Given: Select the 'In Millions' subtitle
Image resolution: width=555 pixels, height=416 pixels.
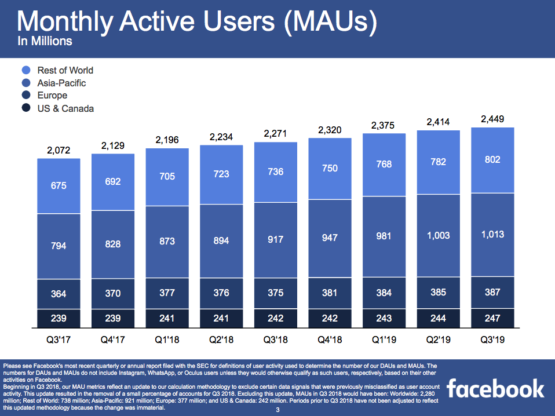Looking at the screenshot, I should click(45, 41).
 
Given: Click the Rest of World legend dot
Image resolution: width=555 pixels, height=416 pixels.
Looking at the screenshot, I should click(27, 70).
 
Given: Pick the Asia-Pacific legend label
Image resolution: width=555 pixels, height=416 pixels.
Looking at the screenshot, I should click(61, 83).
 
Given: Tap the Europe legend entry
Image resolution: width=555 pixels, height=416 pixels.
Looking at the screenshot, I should click(52, 96).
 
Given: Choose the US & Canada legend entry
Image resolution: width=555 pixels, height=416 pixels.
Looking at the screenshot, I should click(65, 108).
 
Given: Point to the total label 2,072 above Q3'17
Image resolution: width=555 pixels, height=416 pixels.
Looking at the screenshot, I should click(59, 151).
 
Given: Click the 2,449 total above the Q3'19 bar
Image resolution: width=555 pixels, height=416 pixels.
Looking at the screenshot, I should click(492, 120).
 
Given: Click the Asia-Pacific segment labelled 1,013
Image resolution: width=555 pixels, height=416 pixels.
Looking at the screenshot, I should click(492, 235).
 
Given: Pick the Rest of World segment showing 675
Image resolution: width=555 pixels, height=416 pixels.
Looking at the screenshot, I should click(59, 186).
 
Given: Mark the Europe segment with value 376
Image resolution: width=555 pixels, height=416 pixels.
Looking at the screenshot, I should click(221, 293).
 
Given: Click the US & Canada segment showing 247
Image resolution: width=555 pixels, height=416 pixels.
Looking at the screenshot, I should click(492, 317).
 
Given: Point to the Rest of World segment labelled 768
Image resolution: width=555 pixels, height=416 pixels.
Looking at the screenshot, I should click(384, 165).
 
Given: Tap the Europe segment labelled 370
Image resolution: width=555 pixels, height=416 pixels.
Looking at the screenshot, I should click(113, 294).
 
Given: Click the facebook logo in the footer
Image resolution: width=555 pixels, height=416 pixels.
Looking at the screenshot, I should click(495, 389).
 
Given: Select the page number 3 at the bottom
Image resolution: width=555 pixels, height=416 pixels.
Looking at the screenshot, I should click(277, 411).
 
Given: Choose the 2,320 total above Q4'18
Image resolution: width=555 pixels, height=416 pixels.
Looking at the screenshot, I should click(330, 130).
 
